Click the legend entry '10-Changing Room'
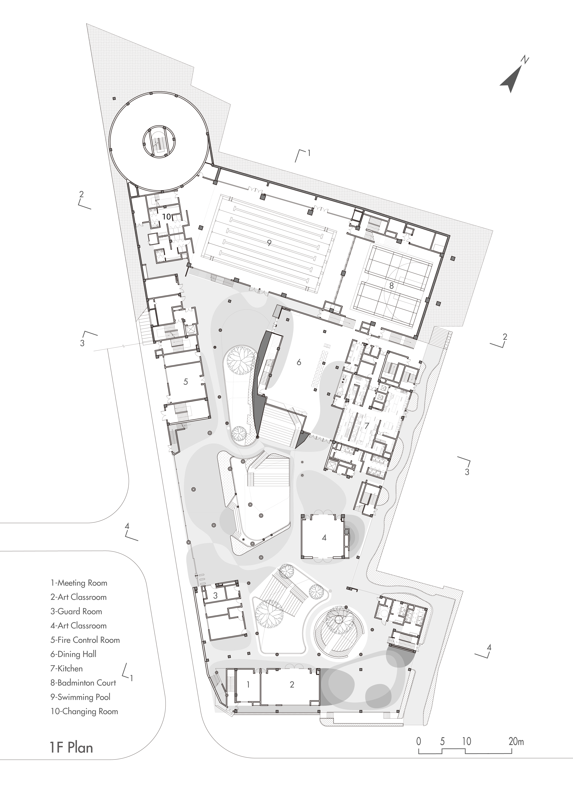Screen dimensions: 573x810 [x=84, y=711]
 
